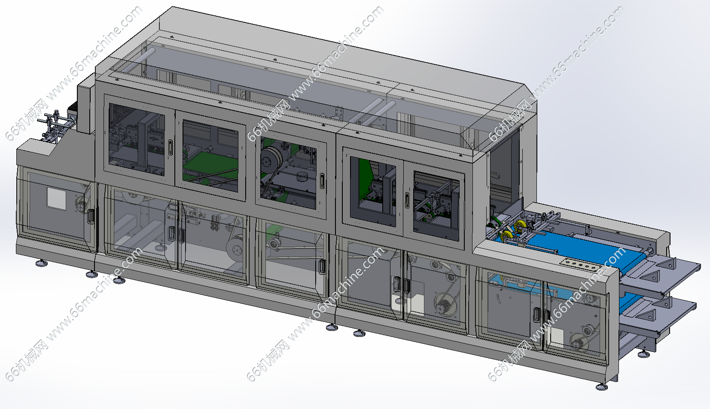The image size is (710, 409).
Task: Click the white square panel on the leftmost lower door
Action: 56,199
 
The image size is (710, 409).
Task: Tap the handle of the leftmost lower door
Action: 91,216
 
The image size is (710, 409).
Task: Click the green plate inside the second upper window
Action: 211,165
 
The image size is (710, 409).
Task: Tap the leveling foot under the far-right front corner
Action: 601,387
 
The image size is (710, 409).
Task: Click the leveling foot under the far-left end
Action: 42,263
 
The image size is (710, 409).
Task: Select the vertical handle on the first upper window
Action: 170,148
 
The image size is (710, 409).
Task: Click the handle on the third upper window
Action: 322,181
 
